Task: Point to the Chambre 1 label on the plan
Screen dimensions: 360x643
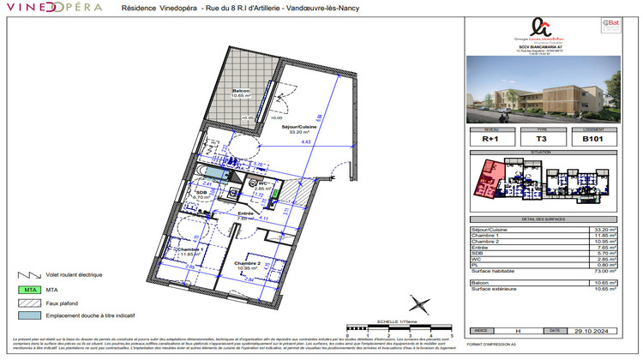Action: [x=191, y=249]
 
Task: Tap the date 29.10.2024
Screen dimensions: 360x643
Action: [x=591, y=330]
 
